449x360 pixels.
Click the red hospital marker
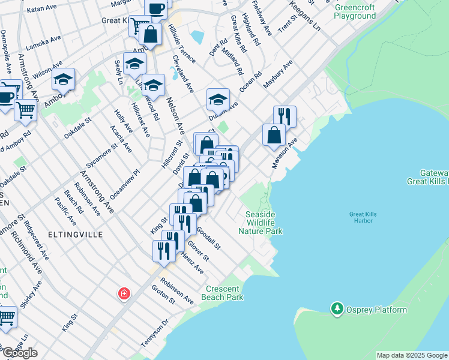123,293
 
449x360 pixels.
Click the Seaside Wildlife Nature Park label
260,223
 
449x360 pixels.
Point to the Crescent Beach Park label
223,293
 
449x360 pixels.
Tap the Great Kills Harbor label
361,217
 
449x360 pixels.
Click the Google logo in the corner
20,353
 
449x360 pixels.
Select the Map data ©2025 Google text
411,355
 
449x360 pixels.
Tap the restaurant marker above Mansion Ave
285,115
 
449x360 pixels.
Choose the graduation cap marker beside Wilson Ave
63,79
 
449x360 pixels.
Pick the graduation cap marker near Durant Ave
218,98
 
